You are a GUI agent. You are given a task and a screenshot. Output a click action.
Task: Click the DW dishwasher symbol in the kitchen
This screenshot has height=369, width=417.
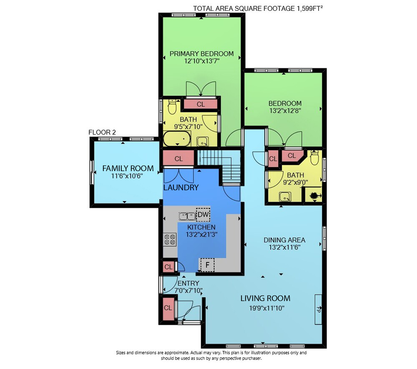203,214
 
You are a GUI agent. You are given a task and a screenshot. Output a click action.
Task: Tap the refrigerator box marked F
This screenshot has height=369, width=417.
207,265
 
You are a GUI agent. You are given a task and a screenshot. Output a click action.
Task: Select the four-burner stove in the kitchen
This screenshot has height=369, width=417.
170,239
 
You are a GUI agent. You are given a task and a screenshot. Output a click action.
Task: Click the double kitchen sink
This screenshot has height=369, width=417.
187,216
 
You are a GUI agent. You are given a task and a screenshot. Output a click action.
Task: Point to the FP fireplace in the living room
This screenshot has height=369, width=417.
318,309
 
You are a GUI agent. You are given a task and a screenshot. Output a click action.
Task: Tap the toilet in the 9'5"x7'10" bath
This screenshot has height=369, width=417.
172,107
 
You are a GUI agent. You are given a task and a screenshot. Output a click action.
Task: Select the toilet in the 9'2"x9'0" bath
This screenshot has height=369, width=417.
314,157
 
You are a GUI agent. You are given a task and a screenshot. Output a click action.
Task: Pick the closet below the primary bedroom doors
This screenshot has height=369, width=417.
201,104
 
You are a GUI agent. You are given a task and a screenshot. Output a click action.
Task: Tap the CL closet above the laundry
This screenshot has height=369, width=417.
178,159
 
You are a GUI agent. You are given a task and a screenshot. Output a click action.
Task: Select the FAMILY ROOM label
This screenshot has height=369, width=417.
128,168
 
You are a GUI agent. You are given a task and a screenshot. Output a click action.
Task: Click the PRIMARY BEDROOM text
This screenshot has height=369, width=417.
201,54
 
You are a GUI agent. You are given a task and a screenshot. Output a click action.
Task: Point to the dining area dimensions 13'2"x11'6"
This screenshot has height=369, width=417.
284,247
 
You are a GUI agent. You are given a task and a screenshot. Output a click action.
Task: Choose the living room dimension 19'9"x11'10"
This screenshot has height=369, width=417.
267,308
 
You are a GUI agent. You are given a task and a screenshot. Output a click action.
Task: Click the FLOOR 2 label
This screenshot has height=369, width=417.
102,132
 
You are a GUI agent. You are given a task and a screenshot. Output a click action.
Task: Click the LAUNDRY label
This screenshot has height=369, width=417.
181,187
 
